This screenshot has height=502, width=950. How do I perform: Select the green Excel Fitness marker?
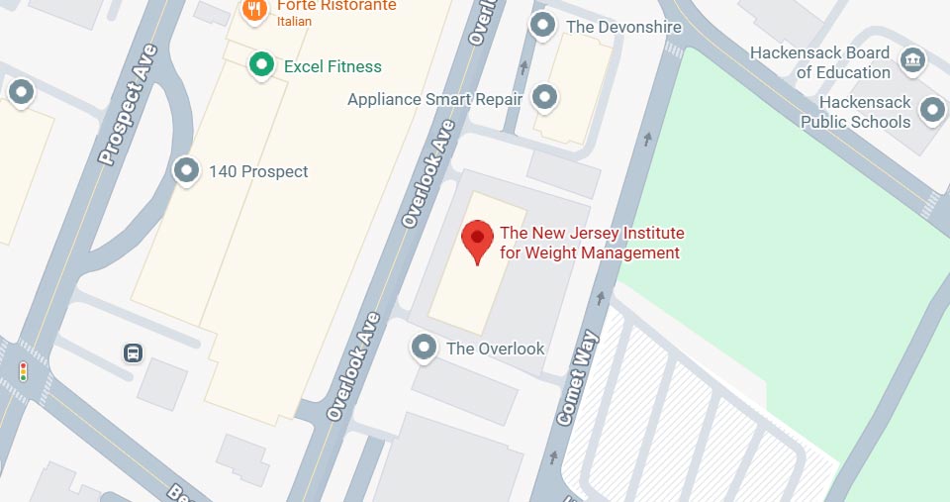[x=261, y=66]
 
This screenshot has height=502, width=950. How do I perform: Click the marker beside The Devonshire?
[x=542, y=26]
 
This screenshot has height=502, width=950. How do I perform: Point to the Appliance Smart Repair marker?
[x=543, y=97]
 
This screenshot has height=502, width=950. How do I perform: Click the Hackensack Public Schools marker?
[x=931, y=110]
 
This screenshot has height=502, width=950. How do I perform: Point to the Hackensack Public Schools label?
[x=855, y=112]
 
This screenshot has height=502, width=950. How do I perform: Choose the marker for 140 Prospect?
[x=186, y=171]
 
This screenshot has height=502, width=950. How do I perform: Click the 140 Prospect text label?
[x=258, y=171]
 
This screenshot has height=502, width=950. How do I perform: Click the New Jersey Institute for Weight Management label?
[x=592, y=243]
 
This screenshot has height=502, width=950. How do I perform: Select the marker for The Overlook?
[x=425, y=348]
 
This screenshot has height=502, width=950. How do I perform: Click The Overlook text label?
[x=496, y=349]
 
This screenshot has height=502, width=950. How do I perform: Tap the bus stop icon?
[x=132, y=351]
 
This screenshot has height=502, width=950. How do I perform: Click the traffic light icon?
[x=23, y=371]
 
